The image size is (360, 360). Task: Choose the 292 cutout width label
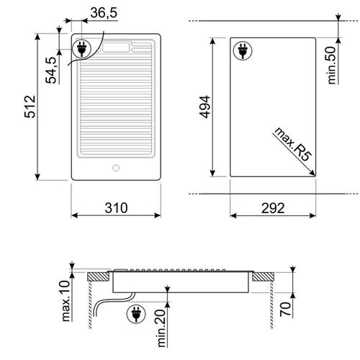pos(273,208)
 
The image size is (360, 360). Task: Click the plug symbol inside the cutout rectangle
pos(244,52)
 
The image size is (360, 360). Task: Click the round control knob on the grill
pos(114,168)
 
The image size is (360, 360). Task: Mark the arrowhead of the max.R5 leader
pos(312,171)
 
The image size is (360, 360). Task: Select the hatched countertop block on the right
pos(263,276)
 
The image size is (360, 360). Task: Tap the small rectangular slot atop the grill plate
pos(114,48)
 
